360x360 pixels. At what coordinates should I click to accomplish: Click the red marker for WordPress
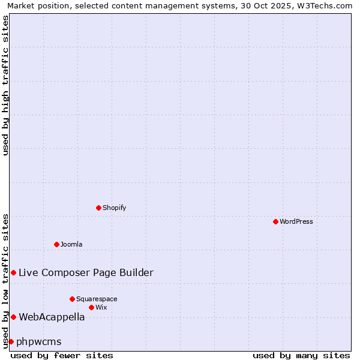coord(275,221)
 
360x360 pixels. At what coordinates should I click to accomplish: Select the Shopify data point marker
coord(98,208)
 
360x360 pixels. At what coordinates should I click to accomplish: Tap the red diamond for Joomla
coord(56,244)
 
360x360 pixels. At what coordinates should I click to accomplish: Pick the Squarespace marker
coord(72,299)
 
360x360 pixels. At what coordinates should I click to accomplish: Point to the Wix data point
coord(91,307)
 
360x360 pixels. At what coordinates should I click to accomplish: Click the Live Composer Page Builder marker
coord(13,272)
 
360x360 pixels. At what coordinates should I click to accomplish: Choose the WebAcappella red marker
coord(13,317)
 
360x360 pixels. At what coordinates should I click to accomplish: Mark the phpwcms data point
coord(11,341)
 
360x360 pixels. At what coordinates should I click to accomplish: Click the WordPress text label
coord(296,221)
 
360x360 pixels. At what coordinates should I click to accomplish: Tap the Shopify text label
coord(115,208)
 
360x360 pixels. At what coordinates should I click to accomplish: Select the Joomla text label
coord(71,244)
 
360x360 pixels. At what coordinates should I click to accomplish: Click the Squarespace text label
coord(97,299)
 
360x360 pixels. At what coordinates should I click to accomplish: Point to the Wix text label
coord(101,307)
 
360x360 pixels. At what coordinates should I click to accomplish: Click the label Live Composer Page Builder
coord(86,272)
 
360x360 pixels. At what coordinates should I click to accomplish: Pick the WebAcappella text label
coord(52,317)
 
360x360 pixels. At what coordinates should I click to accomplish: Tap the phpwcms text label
coord(39,341)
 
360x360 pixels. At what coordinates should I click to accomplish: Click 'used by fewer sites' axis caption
coord(62,355)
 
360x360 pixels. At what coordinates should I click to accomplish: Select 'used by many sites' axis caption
coord(301,355)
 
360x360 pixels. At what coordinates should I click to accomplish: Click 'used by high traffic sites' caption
coord(5,86)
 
